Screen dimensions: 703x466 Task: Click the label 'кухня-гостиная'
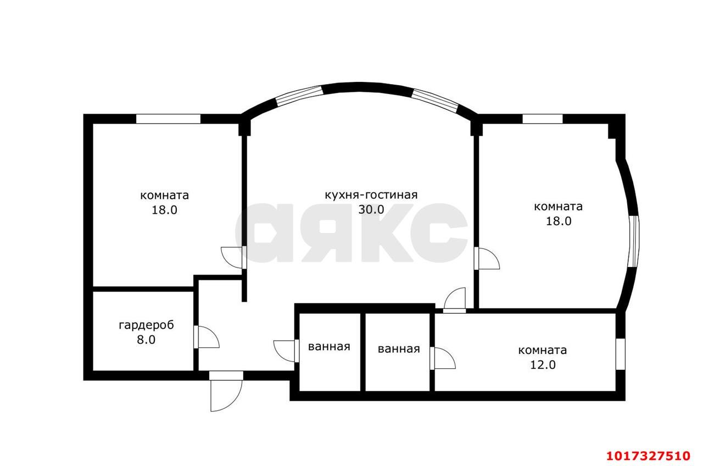coord(371,195)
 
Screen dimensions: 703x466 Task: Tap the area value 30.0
coord(371,209)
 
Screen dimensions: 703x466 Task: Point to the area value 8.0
coord(146,340)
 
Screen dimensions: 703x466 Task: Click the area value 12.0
coord(543,365)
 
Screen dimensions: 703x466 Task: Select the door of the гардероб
coord(207,337)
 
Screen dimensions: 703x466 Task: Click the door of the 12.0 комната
coord(443,358)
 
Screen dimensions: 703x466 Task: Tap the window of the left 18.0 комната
coord(168,119)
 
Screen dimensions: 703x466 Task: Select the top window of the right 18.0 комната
coord(542,119)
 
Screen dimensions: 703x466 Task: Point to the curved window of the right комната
coord(634,241)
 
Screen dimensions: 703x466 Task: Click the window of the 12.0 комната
coord(621,354)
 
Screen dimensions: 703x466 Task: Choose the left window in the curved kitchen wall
coord(299,95)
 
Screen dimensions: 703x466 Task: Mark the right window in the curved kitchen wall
coord(436,100)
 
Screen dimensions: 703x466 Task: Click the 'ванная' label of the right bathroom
coord(399,349)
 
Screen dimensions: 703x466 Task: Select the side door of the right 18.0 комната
coord(487,258)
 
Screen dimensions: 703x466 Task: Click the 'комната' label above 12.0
coord(542,350)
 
